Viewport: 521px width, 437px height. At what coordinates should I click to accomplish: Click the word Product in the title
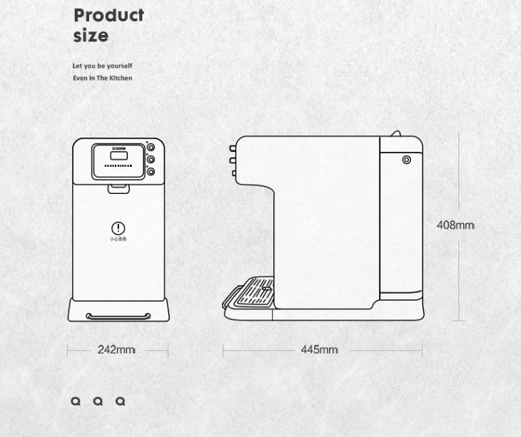pyautogui.click(x=108, y=16)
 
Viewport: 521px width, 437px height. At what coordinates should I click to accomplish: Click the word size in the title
pyautogui.click(x=91, y=36)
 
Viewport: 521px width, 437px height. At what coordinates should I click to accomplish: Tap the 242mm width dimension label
pyautogui.click(x=116, y=350)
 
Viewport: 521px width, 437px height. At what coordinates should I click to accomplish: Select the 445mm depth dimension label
pyautogui.click(x=319, y=350)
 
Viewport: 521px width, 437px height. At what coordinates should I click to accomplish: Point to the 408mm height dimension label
pyautogui.click(x=455, y=225)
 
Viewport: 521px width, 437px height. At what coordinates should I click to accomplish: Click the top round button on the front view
pyautogui.click(x=151, y=148)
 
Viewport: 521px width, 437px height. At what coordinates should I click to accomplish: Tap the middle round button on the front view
pyautogui.click(x=151, y=160)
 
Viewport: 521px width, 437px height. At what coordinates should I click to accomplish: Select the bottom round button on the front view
pyautogui.click(x=151, y=172)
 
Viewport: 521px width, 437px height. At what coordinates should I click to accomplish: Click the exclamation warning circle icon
pyautogui.click(x=118, y=227)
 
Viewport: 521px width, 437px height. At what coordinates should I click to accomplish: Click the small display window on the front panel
pyautogui.click(x=118, y=156)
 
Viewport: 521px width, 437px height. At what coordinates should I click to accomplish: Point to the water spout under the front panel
pyautogui.click(x=118, y=188)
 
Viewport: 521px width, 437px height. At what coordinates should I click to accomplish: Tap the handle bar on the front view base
pyautogui.click(x=118, y=316)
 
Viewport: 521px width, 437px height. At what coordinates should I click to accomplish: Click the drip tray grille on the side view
pyautogui.click(x=254, y=292)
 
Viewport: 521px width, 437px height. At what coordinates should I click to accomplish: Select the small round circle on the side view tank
pyautogui.click(x=406, y=160)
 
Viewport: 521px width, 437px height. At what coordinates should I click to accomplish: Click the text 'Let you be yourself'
pyautogui.click(x=102, y=66)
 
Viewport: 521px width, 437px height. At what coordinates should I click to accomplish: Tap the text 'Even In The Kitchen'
pyautogui.click(x=102, y=78)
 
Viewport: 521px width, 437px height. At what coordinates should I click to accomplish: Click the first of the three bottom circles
pyautogui.click(x=76, y=401)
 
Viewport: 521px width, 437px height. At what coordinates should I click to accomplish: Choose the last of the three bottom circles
pyautogui.click(x=121, y=401)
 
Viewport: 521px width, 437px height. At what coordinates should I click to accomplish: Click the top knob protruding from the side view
pyautogui.click(x=233, y=149)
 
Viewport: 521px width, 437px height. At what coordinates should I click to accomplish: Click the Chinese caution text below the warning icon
pyautogui.click(x=118, y=240)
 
